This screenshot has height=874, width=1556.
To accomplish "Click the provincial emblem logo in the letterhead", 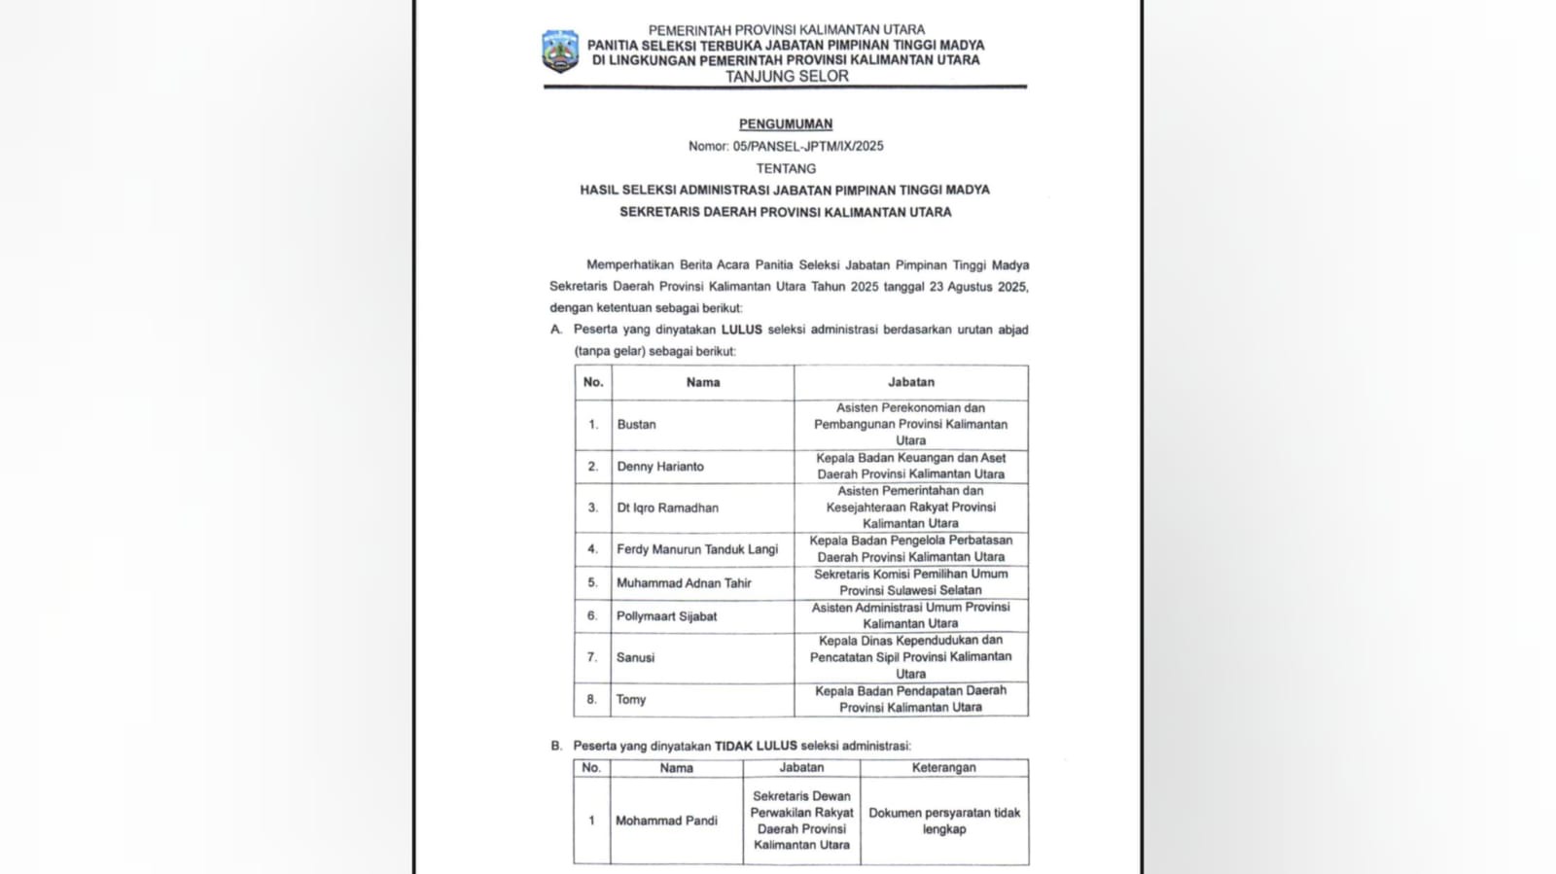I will [x=560, y=52].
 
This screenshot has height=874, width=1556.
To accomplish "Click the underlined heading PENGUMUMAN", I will [x=786, y=124].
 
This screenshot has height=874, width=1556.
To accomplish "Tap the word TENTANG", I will [x=786, y=168].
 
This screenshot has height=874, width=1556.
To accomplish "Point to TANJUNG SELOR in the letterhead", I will [x=787, y=77].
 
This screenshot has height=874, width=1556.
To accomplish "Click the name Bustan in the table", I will [x=636, y=425].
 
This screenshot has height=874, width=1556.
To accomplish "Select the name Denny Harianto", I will [x=659, y=467].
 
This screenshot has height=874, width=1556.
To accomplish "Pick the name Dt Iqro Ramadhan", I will [x=667, y=507].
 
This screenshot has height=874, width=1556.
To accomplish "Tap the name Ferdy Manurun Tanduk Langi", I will [x=696, y=549].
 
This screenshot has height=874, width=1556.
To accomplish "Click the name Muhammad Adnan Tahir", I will [x=684, y=583].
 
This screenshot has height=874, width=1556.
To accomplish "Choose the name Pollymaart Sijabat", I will [x=666, y=616].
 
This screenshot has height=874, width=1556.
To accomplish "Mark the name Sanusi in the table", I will [x=635, y=658].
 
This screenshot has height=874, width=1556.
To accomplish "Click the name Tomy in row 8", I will [x=630, y=700].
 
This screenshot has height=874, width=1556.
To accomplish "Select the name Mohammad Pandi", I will [x=666, y=821].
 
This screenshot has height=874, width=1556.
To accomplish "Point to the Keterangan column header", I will [x=943, y=768].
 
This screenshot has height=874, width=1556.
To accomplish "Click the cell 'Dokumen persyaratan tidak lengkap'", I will [x=944, y=821].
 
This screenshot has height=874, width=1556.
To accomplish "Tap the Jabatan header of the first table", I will [x=910, y=383].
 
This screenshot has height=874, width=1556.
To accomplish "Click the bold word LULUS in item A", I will [x=741, y=330].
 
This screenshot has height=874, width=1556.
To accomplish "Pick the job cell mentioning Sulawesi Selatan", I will [x=910, y=582].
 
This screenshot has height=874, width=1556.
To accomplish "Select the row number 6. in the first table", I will [x=592, y=616].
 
